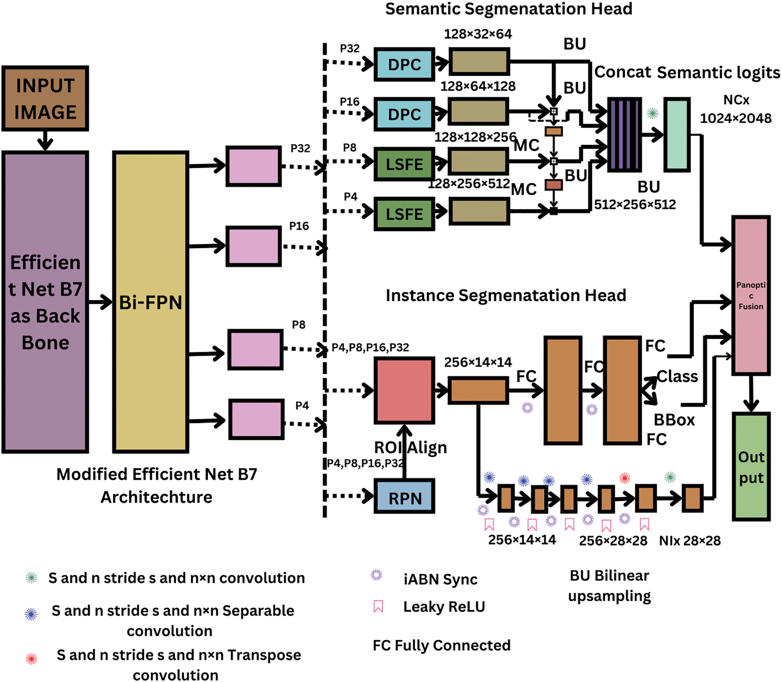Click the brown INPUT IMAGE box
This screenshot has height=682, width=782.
pyautogui.click(x=45, y=98)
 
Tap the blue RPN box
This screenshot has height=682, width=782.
pyautogui.click(x=404, y=497)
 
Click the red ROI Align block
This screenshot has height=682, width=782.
pyautogui.click(x=404, y=390)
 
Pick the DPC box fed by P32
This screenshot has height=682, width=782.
pyautogui.click(x=404, y=64)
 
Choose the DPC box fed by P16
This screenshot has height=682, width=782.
pyautogui.click(x=404, y=114)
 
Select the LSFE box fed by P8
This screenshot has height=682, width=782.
pyautogui.click(x=404, y=164)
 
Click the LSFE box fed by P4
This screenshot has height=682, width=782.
pyautogui.click(x=404, y=214)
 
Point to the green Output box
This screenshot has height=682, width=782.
pyautogui.click(x=751, y=466)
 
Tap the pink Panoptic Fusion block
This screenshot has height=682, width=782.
pyautogui.click(x=751, y=295)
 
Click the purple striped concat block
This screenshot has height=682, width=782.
pyautogui.click(x=624, y=135)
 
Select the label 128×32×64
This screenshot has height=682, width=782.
pyautogui.click(x=478, y=34)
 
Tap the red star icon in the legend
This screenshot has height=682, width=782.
pyautogui.click(x=32, y=659)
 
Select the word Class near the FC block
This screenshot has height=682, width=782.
pyautogui.click(x=677, y=376)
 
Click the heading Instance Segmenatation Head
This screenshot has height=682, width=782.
pyautogui.click(x=506, y=295)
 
